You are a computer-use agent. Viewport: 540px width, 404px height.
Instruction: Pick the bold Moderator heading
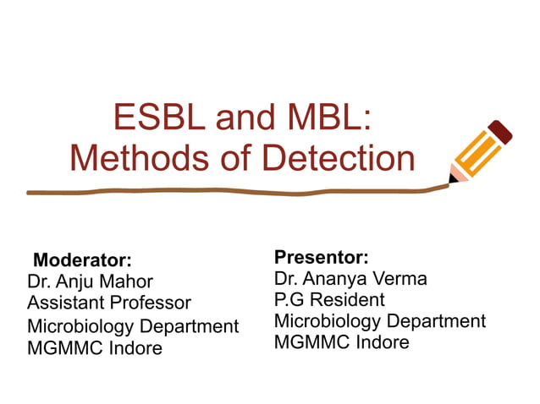click(x=82, y=259)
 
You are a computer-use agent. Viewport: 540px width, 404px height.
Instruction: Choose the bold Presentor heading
click(x=322, y=256)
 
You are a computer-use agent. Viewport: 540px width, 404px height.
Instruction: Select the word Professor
click(x=152, y=303)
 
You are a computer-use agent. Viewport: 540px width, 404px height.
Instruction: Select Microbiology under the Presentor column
click(x=328, y=321)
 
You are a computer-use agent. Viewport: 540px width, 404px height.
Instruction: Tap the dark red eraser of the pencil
click(x=501, y=132)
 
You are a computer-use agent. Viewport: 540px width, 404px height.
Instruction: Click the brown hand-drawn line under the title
click(x=237, y=192)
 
